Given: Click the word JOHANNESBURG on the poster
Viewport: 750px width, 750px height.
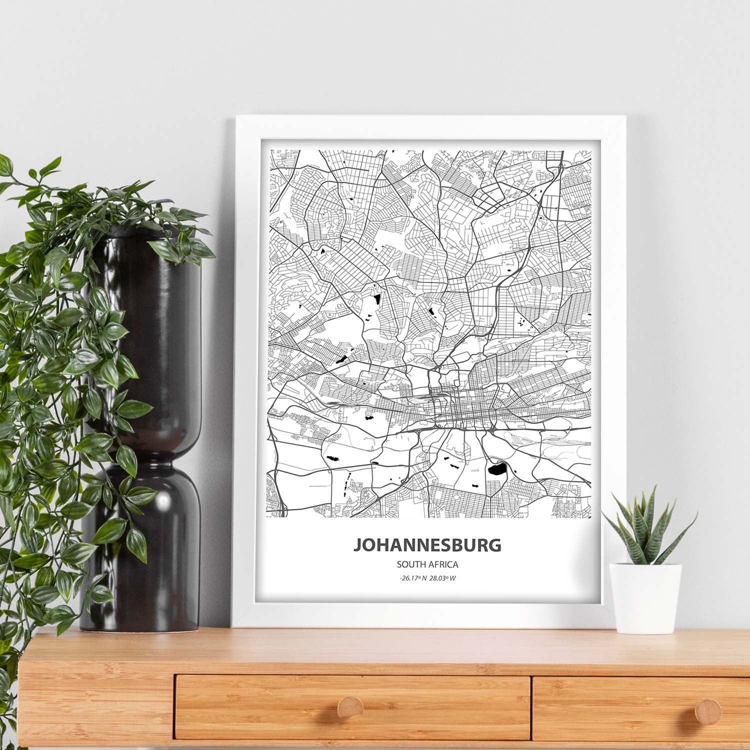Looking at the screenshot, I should pos(427,544).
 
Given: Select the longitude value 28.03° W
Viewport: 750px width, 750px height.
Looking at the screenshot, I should pos(443,579).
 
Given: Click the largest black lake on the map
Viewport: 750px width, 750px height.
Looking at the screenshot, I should pos(497,469).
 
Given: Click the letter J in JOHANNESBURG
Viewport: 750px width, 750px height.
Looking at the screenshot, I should pos(358,544).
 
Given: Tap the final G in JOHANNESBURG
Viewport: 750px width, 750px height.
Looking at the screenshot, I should pos(495,544).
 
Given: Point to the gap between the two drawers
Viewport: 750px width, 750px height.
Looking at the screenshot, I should pos(531,700).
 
